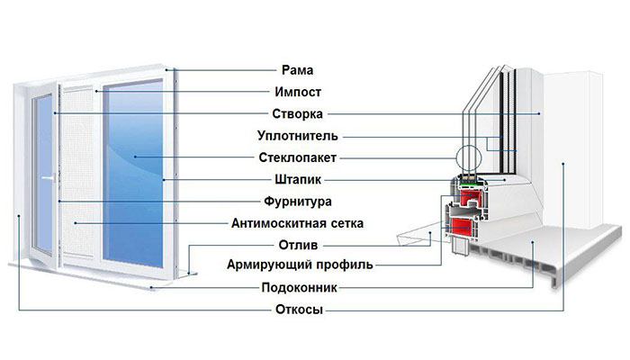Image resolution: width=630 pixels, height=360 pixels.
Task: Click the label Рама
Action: [297, 70]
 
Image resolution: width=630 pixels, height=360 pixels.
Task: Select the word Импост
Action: [298, 92]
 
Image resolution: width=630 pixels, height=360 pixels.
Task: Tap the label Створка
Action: [297, 114]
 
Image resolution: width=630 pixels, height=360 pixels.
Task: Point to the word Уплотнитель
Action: [298, 136]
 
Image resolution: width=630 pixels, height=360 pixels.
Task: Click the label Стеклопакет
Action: [297, 157]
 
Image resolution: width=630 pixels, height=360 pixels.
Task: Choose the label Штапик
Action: [298, 180]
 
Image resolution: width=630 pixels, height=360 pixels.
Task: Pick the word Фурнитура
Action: [298, 202]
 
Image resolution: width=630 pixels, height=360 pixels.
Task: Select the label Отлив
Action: [298, 245]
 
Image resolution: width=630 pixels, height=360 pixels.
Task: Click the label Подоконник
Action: [300, 288]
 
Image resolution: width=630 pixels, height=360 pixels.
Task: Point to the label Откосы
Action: [300, 310]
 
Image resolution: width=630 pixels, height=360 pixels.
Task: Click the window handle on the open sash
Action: [49, 177]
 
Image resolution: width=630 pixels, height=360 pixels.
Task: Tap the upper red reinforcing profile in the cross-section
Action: [471, 197]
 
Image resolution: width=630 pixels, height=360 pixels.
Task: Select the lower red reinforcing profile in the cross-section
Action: [461, 226]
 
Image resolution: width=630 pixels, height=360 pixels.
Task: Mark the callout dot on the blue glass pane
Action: [135, 157]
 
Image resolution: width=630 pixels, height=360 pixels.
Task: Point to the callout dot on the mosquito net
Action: [75, 223]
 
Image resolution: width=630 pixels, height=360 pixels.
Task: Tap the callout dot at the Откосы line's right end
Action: [563, 164]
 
